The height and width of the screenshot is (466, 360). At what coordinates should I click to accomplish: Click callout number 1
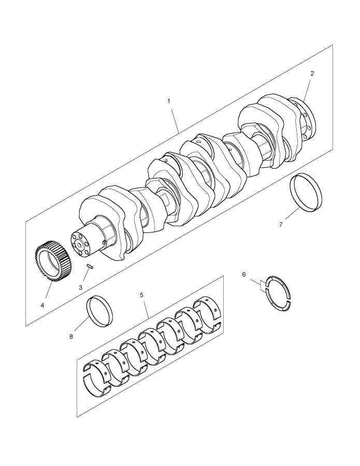[169, 101]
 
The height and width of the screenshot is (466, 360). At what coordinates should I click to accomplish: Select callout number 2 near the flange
[312, 74]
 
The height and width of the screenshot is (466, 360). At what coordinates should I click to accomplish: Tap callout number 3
[81, 287]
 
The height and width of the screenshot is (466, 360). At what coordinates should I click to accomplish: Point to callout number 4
[42, 305]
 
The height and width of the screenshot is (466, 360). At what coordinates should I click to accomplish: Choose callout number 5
[141, 295]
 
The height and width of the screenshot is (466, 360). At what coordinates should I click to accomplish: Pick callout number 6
[244, 274]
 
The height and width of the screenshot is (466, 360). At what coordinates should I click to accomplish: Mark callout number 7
[281, 225]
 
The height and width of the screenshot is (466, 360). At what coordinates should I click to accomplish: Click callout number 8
[71, 337]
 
